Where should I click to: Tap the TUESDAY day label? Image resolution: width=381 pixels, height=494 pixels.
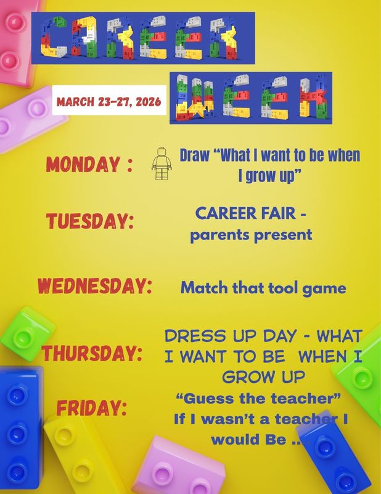point(90,221)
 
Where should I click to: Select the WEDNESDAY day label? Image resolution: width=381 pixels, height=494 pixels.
point(95,287)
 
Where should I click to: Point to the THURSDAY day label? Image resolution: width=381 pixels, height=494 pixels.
point(92,354)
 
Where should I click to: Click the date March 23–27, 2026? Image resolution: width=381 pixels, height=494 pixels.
point(110,101)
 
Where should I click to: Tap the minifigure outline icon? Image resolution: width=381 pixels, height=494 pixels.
point(161,163)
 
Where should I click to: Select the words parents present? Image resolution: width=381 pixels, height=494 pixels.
point(251,235)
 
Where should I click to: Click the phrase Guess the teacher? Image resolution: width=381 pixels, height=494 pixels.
point(259,398)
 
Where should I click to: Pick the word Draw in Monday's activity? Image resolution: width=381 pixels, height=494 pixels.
point(194,155)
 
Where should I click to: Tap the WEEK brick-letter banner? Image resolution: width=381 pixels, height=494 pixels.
point(250,98)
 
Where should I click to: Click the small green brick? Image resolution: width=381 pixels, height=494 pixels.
point(27,337)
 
